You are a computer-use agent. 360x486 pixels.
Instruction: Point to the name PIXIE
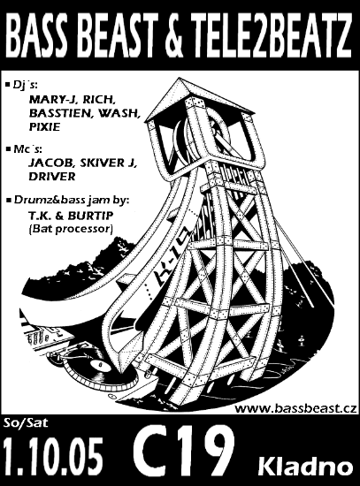pos(44,127)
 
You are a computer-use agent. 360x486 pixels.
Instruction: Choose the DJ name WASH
pos(119,113)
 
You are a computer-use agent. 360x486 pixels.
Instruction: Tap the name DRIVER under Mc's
pos(52,177)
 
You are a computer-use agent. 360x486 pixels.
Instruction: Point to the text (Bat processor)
pos(70,229)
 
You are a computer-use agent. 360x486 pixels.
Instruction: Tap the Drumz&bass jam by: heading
pos(71,200)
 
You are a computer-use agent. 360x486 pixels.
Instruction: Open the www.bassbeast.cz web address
pos(295,408)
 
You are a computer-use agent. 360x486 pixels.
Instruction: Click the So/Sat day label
pos(26,423)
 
